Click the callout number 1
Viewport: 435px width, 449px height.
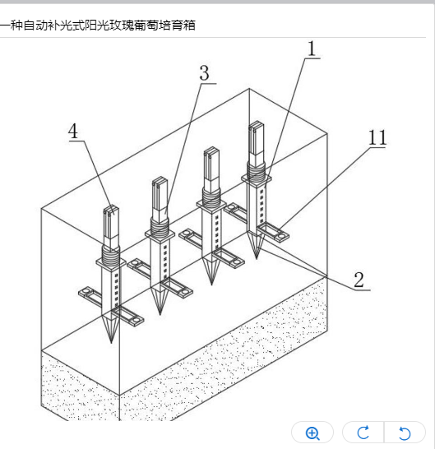(312, 49)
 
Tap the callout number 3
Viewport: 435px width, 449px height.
(204, 73)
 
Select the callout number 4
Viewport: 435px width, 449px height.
(73, 131)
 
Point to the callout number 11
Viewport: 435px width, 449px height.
(377, 137)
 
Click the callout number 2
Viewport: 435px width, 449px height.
(359, 280)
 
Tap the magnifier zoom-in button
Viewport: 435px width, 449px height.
(312, 433)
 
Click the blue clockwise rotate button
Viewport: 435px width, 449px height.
(363, 433)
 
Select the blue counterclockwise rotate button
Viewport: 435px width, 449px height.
(405, 433)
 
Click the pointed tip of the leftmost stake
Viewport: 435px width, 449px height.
(111, 343)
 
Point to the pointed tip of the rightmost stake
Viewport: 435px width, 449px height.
(257, 259)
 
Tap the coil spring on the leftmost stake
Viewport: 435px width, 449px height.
(111, 256)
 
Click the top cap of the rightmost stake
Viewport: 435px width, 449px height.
(256, 124)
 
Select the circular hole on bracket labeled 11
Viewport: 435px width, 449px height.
(282, 236)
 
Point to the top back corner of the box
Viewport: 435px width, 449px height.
(249, 89)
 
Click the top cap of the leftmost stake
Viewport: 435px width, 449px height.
(111, 209)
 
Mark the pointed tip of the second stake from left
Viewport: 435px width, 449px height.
(160, 314)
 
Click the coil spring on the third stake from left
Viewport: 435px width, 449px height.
(211, 197)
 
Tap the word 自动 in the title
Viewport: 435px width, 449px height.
(35, 25)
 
